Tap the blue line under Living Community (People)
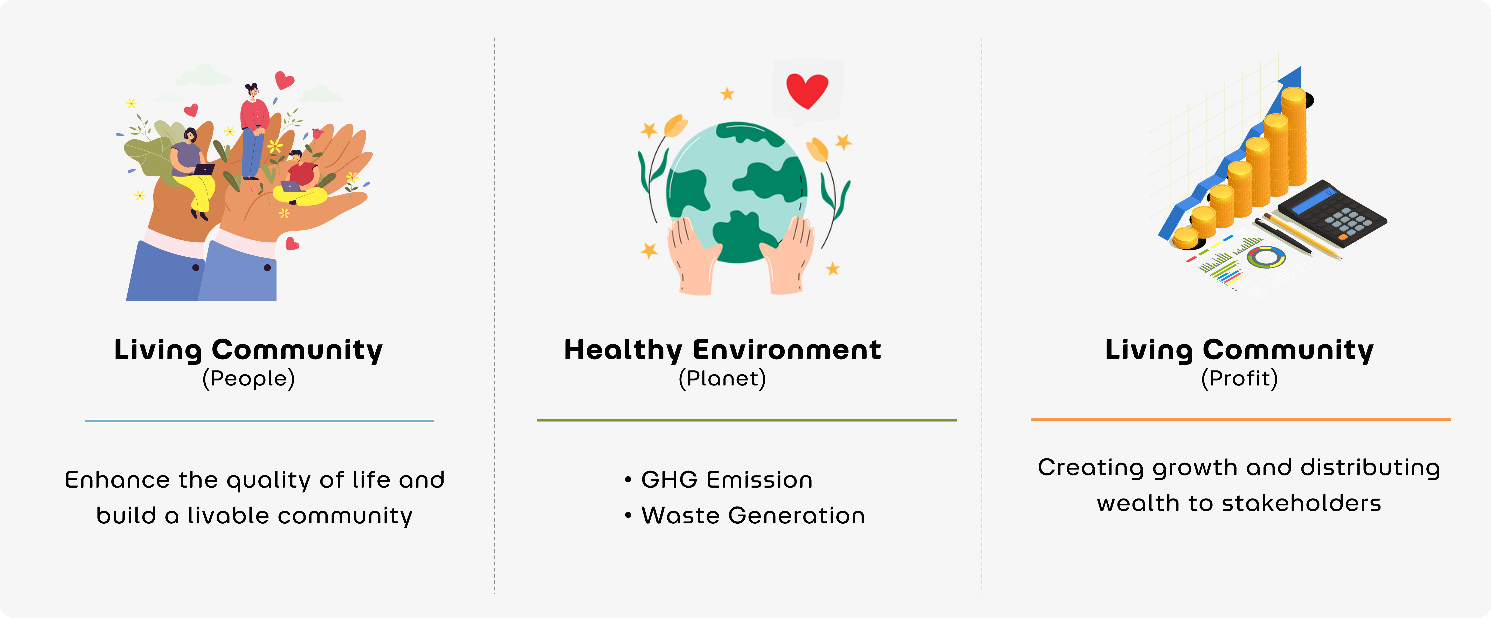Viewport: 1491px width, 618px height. (x=259, y=421)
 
